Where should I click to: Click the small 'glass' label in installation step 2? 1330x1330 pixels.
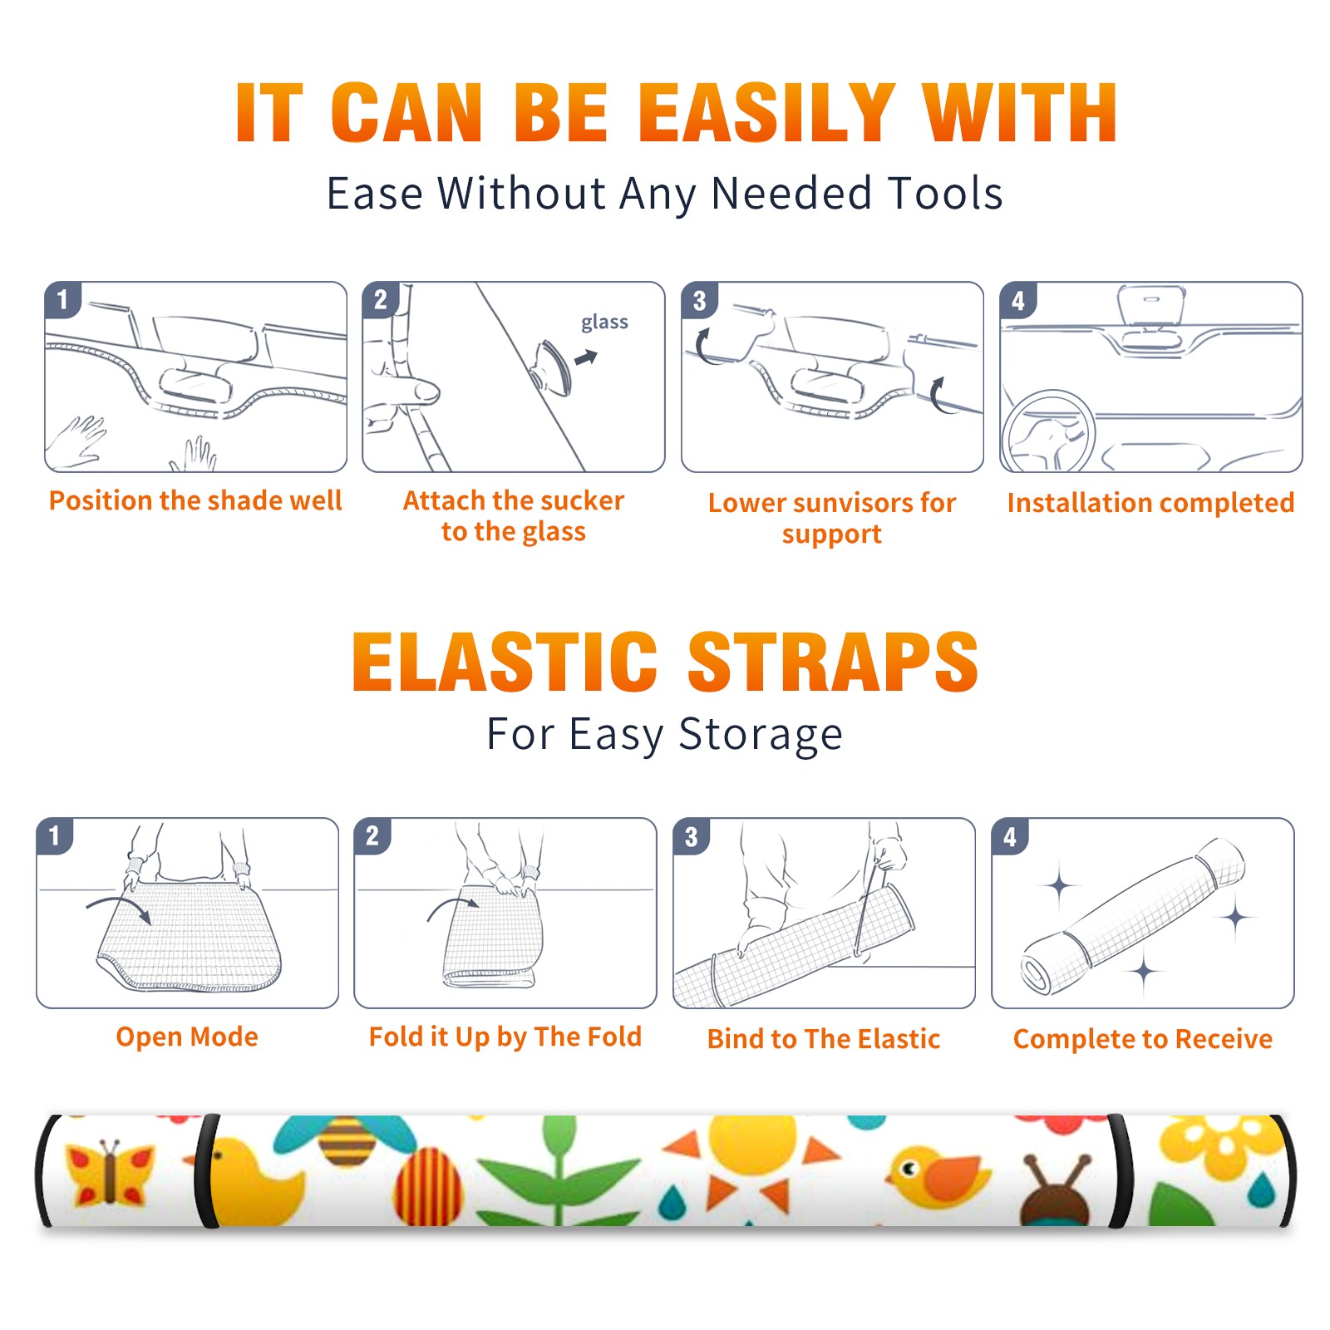604,323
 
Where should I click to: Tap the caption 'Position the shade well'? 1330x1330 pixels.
195,500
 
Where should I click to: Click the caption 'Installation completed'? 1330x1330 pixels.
1150,502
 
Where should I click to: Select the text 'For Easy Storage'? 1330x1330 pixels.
664,734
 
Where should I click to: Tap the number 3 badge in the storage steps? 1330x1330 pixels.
691,837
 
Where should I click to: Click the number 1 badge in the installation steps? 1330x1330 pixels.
62,299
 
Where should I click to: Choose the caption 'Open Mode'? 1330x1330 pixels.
187,1037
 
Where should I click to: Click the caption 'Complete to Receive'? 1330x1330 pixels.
1143,1039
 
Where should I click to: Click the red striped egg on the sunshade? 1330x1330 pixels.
429,1187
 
